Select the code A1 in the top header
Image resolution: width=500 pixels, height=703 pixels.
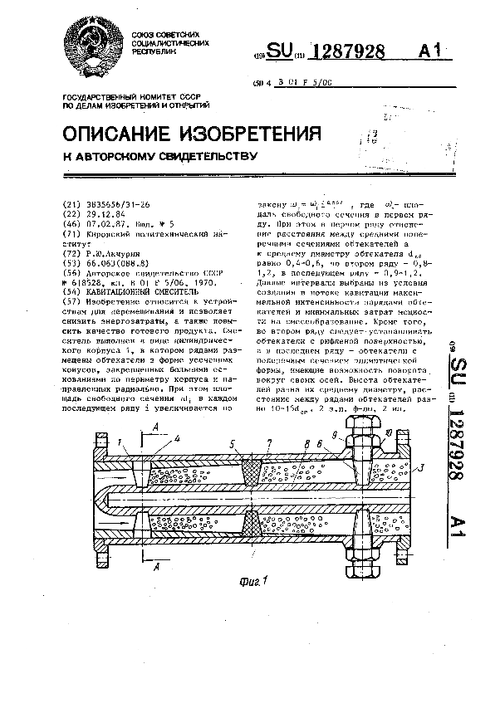429,51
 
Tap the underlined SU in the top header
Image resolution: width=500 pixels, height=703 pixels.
280,51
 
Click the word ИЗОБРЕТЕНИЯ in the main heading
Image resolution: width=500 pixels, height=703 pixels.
253,134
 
